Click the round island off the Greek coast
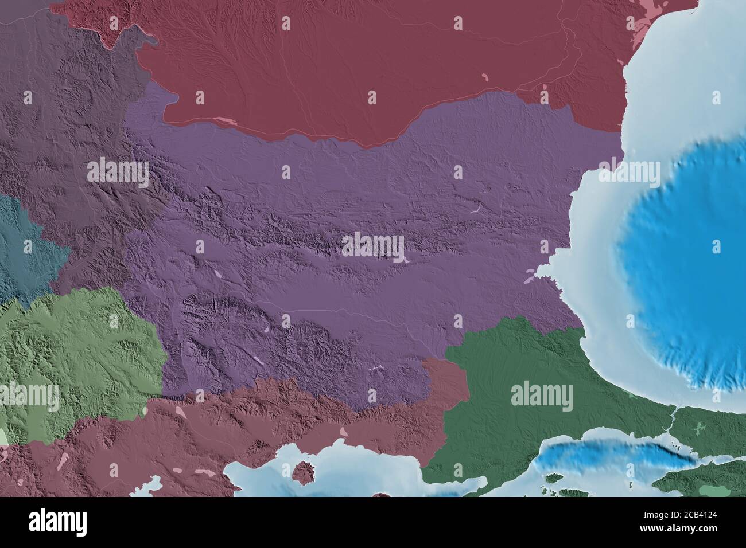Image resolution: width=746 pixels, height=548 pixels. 302,472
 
